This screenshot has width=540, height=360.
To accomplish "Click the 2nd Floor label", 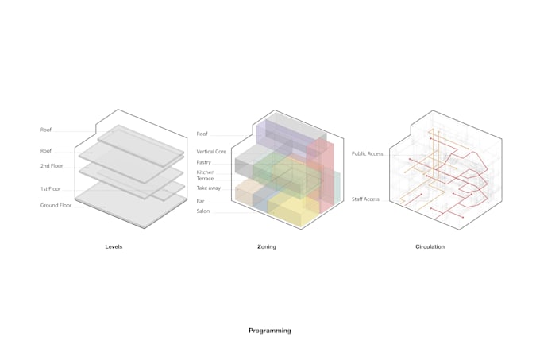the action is (x=52, y=166).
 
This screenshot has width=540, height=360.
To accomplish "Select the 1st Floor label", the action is (x=51, y=189).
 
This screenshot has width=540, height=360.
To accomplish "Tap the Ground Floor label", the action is (x=56, y=206).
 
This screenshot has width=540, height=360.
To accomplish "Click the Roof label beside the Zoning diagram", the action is (x=202, y=134).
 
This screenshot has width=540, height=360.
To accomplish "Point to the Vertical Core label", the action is (x=211, y=151).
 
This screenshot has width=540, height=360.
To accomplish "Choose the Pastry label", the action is (x=204, y=162).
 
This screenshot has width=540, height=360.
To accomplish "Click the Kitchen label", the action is (x=205, y=172).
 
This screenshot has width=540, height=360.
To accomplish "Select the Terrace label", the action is (x=205, y=179).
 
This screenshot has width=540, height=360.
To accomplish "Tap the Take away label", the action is (x=208, y=188).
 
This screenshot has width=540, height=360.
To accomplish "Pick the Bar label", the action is (x=201, y=202).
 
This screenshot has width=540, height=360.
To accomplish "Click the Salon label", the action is (x=202, y=211).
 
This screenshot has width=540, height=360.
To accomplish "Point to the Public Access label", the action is (x=367, y=153).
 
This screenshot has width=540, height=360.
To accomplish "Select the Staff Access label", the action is (x=365, y=199).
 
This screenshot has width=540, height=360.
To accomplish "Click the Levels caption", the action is (x=114, y=247).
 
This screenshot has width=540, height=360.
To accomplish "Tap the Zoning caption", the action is (x=267, y=247).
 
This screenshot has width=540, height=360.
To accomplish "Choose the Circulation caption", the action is (x=430, y=247).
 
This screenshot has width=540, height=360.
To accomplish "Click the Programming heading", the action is (x=269, y=331).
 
